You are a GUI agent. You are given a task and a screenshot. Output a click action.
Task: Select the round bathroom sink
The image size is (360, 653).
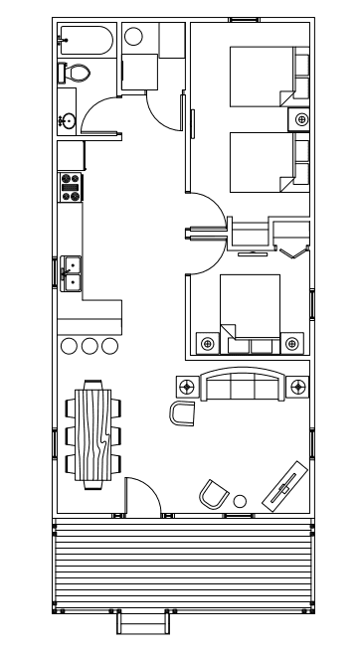[x=68, y=121]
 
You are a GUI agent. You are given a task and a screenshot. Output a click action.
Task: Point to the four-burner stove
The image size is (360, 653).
[x=71, y=188]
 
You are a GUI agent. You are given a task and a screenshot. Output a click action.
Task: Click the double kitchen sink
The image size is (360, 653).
[x=72, y=272]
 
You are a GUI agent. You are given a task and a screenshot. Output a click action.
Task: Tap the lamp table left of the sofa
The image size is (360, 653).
[x=186, y=385]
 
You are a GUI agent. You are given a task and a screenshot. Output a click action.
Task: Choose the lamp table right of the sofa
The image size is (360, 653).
[x=297, y=385]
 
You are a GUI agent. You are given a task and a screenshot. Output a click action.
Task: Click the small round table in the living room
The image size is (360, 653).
[x=240, y=500]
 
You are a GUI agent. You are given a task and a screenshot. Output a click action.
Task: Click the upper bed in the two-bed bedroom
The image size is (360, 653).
[x=261, y=76]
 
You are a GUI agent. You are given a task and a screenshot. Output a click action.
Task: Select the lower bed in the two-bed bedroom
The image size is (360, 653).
[x=261, y=162]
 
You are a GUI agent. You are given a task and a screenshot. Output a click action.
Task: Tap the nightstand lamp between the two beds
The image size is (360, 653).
[x=300, y=119]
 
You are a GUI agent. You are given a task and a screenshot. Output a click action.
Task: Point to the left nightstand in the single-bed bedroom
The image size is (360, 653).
[x=207, y=343]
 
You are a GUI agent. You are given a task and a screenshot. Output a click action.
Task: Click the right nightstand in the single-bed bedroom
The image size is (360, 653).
[x=292, y=343]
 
